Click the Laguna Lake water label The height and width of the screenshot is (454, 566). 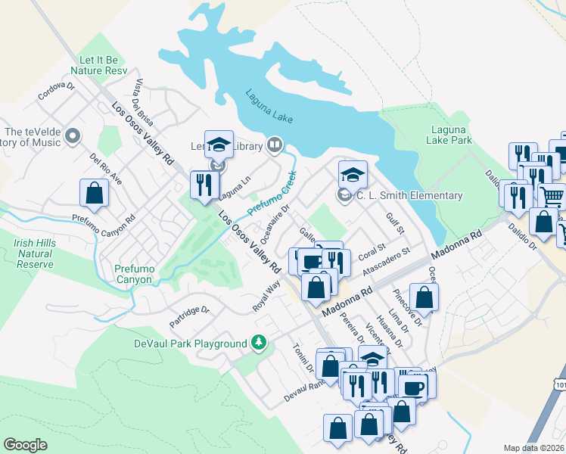point(269,107)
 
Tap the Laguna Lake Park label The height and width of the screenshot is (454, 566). point(451,135)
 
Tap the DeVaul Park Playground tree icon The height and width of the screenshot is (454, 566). point(260,343)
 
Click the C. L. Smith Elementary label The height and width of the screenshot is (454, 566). point(409,196)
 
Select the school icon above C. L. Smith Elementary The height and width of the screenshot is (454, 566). point(353,175)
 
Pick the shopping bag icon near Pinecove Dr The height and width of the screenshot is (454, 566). point(424,297)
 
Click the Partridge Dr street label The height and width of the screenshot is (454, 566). point(189,316)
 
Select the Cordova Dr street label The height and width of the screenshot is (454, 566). point(57,92)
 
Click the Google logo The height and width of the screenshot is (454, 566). point(25,444)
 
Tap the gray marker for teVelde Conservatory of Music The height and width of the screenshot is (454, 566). point(73,137)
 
